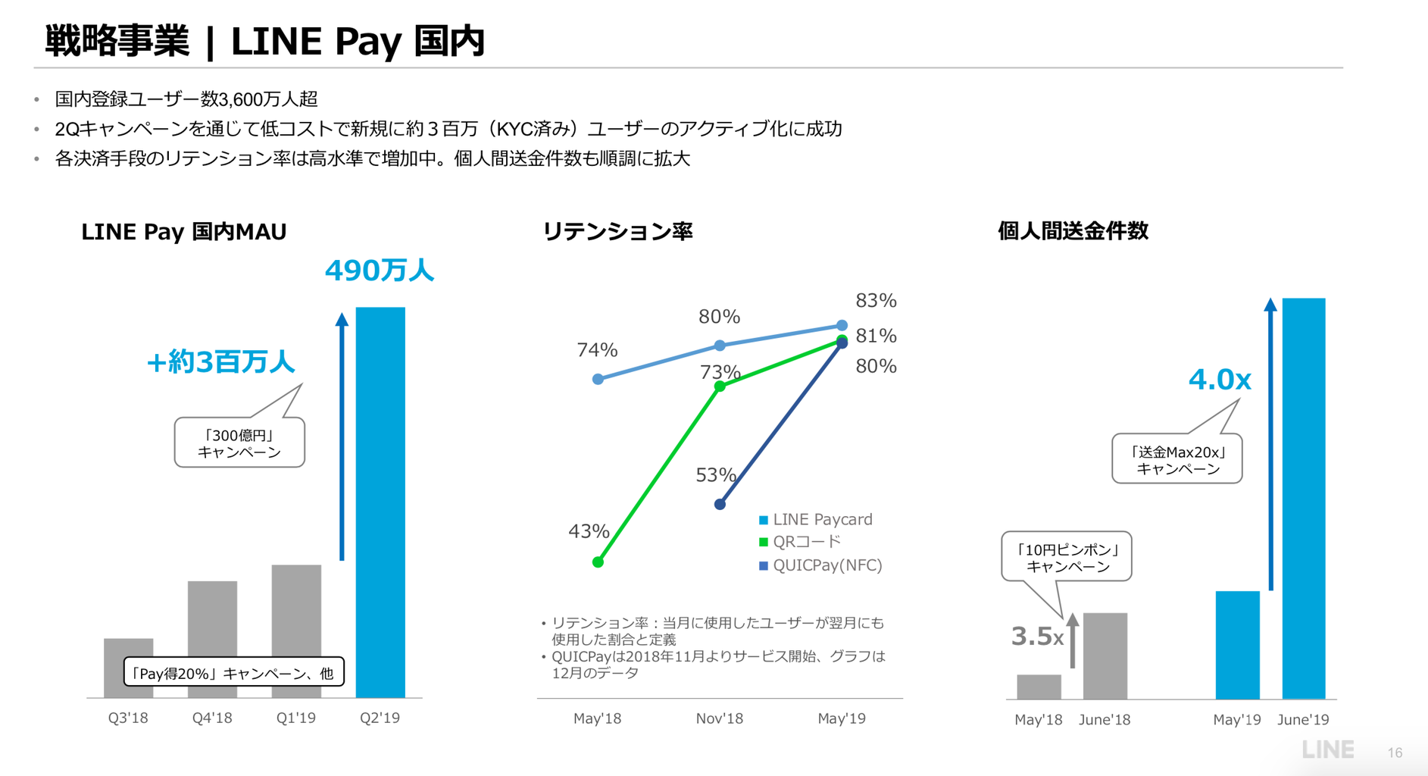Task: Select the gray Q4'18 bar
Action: point(212,618)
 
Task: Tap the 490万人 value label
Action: point(379,271)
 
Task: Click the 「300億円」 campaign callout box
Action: point(239,443)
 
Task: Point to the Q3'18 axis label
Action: point(128,718)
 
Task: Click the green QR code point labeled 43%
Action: point(598,562)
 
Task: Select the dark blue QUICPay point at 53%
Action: point(720,504)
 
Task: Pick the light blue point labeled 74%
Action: point(598,379)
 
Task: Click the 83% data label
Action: point(876,301)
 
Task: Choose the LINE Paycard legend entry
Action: point(816,520)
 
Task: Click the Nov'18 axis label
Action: point(720,718)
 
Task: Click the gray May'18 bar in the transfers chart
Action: point(1039,687)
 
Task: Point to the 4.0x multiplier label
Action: point(1219,379)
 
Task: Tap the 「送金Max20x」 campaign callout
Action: point(1177,460)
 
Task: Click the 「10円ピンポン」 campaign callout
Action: point(1067,558)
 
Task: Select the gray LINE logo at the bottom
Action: point(1327,750)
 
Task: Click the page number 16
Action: point(1395,753)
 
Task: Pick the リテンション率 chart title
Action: point(617,231)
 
